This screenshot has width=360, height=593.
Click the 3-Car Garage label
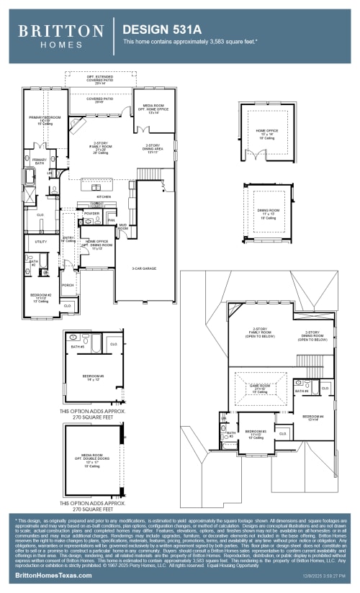click(x=145, y=268)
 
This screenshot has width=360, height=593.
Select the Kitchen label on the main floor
click(x=104, y=196)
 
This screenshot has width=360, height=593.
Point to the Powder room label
click(x=91, y=213)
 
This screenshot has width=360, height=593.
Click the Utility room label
click(x=40, y=242)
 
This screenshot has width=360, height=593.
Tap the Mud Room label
click(x=123, y=227)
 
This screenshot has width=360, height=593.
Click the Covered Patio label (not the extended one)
click(x=99, y=100)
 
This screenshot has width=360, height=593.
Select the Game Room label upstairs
click(x=260, y=387)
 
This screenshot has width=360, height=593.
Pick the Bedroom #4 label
click(x=312, y=417)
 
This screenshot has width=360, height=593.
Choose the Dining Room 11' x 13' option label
click(x=267, y=214)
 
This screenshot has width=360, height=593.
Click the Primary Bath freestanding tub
click(x=30, y=175)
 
